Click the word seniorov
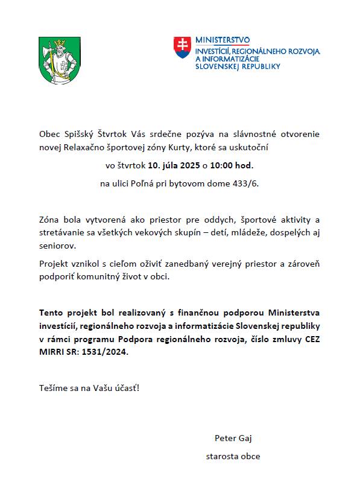point(58,246)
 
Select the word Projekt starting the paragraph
point(54,264)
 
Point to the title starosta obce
point(233,456)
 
